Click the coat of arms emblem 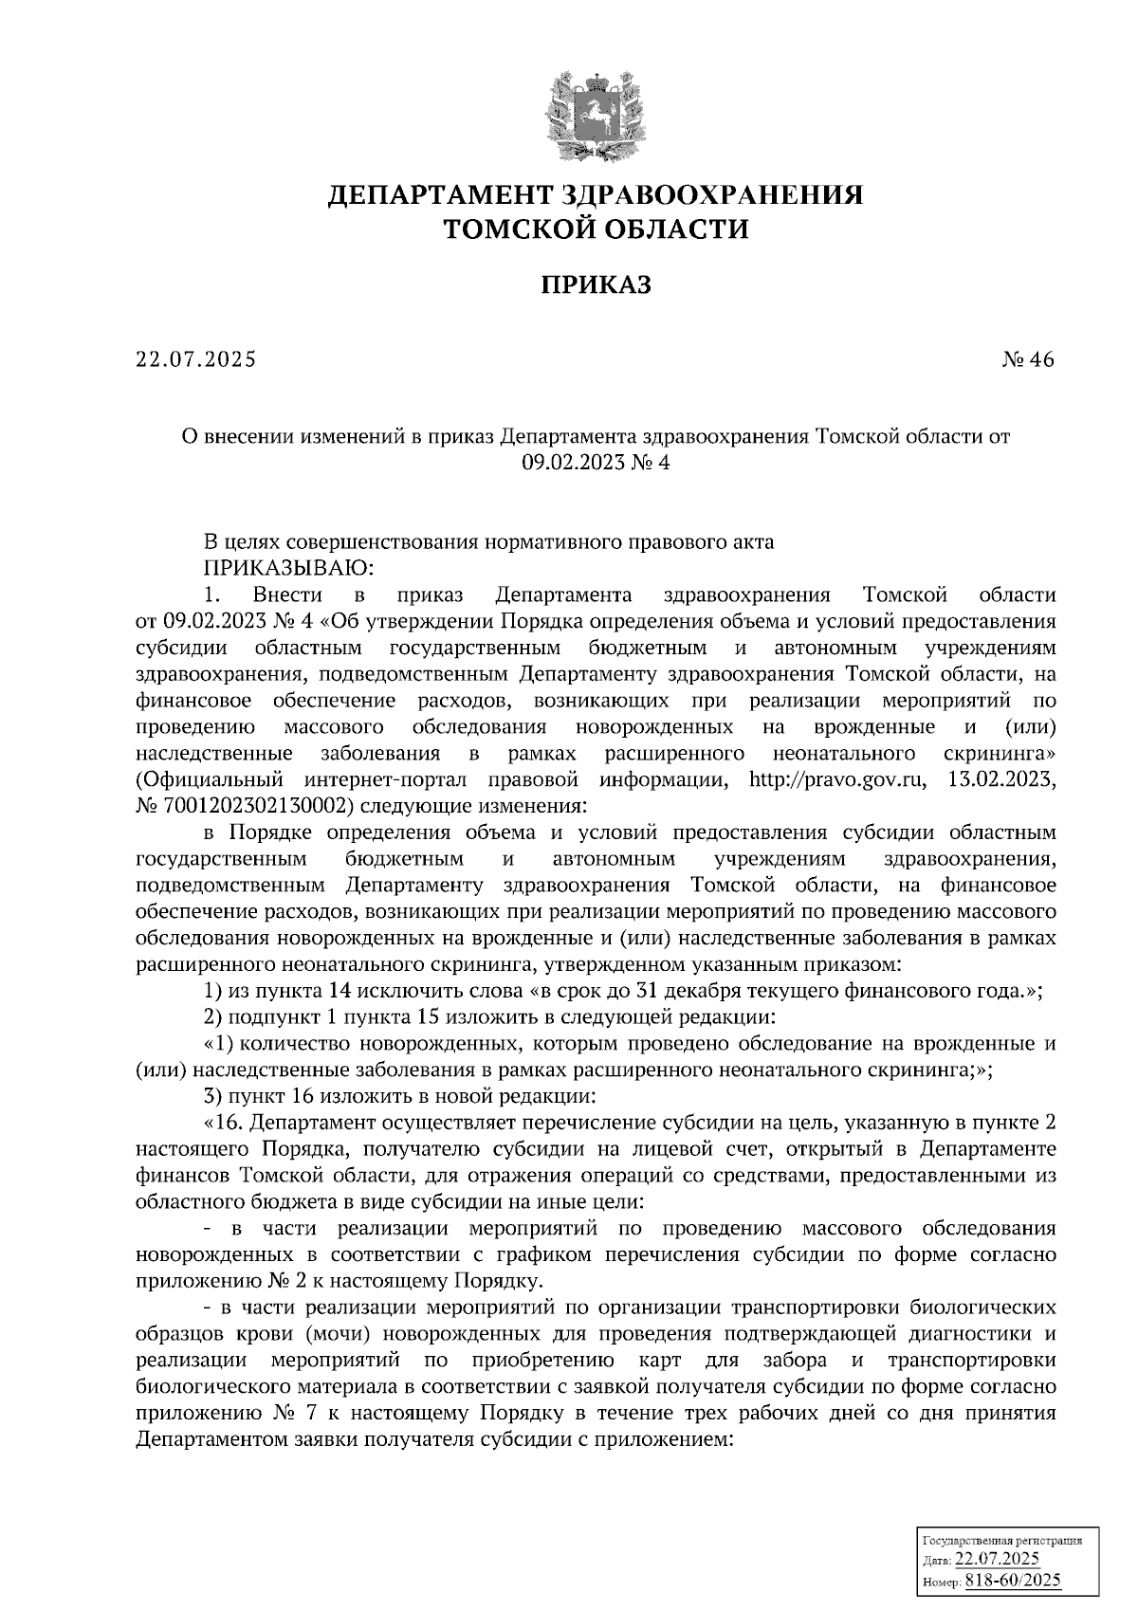coord(595,118)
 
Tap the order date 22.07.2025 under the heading coord(195,360)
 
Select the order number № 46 coord(1027,360)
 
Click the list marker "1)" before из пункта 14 coord(213,991)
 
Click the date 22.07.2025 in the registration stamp coord(998,1561)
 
